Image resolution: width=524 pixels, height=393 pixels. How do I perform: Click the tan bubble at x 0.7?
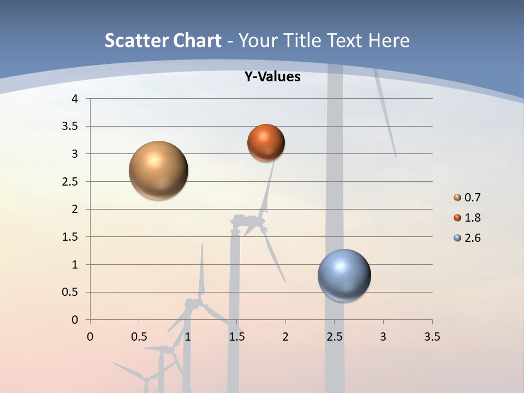(x=158, y=170)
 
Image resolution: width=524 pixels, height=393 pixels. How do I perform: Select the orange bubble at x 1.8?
(x=266, y=142)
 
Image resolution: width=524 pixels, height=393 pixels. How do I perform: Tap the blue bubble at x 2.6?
(x=344, y=275)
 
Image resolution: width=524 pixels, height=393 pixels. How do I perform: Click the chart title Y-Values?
(x=272, y=77)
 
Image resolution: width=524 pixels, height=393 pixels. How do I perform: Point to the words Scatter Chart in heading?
(x=163, y=40)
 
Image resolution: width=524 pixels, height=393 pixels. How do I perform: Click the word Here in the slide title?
(x=388, y=40)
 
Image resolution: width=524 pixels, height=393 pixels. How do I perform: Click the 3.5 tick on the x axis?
(x=432, y=337)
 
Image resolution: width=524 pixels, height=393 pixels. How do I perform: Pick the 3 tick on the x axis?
(x=383, y=337)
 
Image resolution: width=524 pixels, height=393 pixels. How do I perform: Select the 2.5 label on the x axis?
(x=334, y=337)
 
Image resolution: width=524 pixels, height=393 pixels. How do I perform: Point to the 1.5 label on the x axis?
(x=236, y=337)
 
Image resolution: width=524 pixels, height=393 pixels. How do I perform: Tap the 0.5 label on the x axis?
(x=139, y=337)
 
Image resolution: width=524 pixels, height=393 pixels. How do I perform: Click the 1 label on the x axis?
(x=188, y=337)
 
